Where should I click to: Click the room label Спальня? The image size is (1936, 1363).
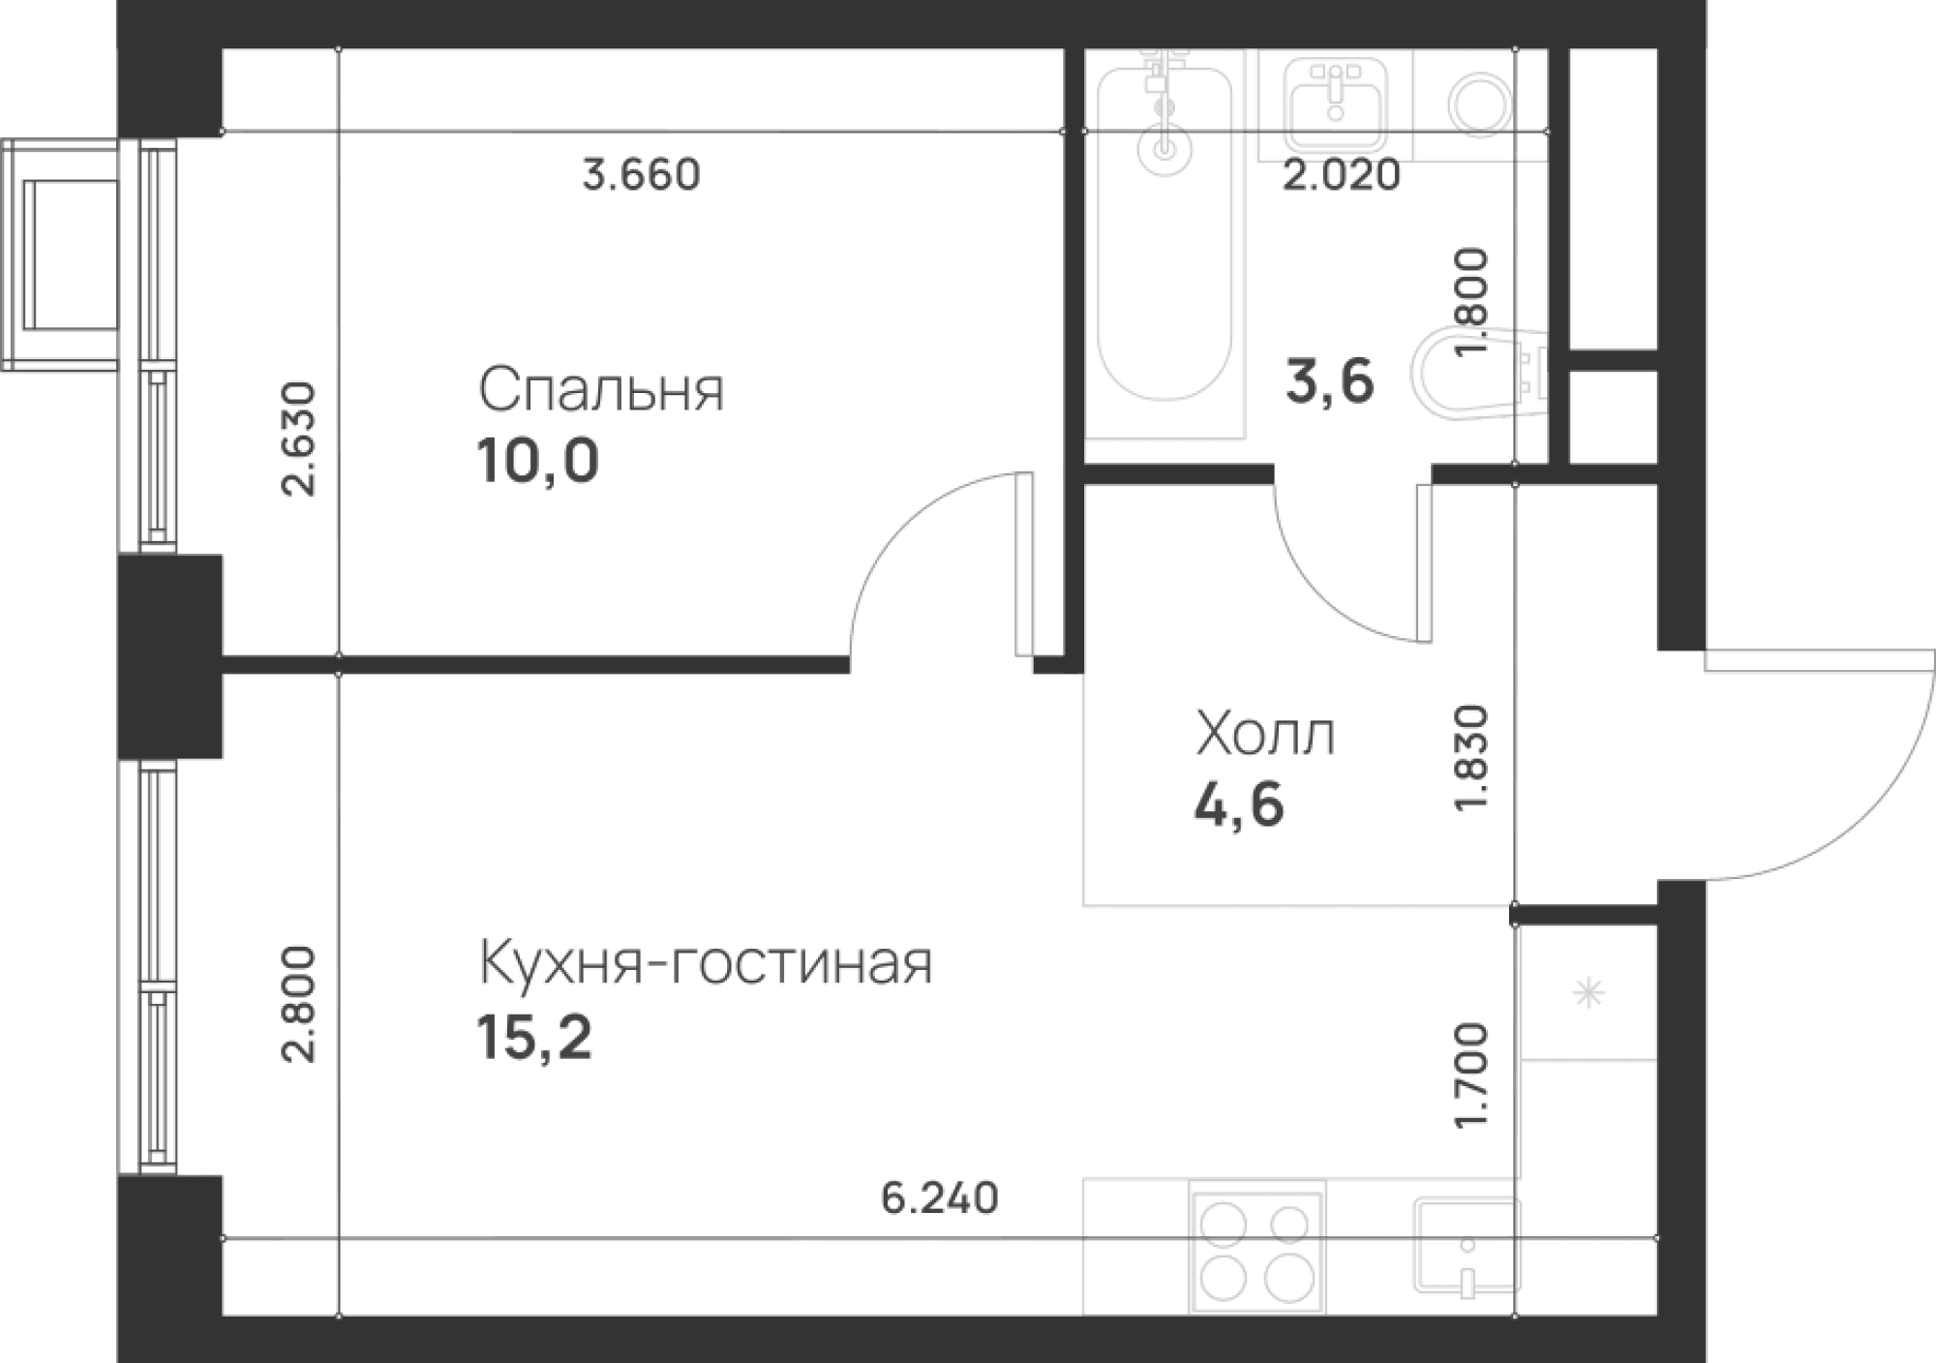pos(600,390)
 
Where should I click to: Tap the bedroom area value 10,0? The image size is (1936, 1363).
pos(537,461)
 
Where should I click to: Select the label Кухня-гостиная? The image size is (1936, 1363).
pos(706,963)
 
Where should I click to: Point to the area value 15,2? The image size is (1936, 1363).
pos(533,1039)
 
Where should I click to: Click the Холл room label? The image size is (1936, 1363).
pos(1264,735)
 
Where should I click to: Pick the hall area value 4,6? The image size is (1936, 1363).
pos(1239,804)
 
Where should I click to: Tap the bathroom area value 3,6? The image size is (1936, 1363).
pos(1329,380)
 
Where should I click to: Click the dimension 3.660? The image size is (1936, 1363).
pos(641,175)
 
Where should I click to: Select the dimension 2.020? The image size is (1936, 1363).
pos(1342,175)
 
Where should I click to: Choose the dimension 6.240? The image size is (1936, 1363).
pos(939,1198)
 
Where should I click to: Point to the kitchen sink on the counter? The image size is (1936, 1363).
pos(1466,1247)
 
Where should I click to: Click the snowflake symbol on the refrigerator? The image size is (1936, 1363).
pos(1588,993)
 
